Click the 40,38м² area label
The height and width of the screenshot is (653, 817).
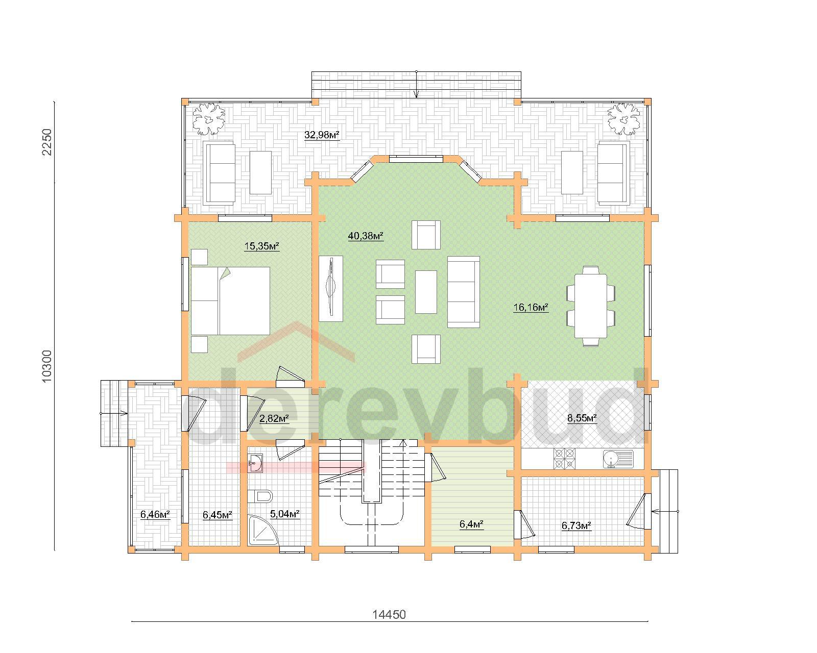click(x=366, y=236)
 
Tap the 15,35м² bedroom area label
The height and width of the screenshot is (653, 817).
click(x=261, y=246)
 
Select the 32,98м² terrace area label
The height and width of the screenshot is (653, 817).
click(x=322, y=135)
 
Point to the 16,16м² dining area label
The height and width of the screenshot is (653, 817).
click(x=531, y=307)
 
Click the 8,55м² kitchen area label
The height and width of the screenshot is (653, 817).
click(x=582, y=418)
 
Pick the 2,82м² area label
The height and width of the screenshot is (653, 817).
click(x=274, y=418)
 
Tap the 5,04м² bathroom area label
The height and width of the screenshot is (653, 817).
click(x=285, y=514)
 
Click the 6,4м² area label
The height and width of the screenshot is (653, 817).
click(x=471, y=524)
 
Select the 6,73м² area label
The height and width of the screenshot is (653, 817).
click(x=576, y=525)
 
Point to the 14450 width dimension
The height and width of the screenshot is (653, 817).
click(x=389, y=615)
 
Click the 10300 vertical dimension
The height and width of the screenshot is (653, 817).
click(x=47, y=366)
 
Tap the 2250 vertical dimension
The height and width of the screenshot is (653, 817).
click(x=47, y=142)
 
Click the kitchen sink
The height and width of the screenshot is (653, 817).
click(x=618, y=459)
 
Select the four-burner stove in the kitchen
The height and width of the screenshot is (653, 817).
click(x=564, y=459)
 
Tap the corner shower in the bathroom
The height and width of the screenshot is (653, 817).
click(x=262, y=530)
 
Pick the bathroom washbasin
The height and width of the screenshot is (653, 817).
click(x=255, y=463)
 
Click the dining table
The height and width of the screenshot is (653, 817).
click(x=591, y=306)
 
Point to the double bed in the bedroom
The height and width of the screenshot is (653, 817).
click(x=230, y=301)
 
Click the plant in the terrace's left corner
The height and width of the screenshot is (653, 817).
click(x=208, y=119)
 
